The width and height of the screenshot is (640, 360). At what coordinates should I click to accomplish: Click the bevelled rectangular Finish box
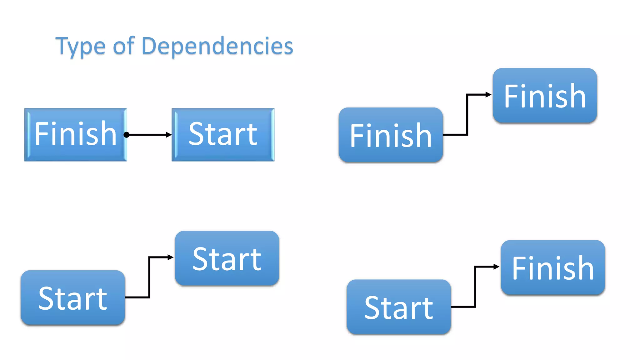pos(76,135)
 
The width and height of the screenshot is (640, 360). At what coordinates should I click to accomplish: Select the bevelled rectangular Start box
pos(223,135)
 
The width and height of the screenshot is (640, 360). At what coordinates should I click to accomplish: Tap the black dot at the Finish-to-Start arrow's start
pos(126,135)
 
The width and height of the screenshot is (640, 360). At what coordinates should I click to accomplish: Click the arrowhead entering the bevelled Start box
pos(169,135)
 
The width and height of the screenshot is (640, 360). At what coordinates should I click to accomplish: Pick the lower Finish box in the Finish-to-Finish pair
pos(391,135)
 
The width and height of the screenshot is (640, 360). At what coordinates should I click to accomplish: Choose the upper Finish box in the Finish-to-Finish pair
pos(545,96)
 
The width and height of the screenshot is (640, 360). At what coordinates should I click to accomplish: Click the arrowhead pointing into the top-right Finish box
pos(488,94)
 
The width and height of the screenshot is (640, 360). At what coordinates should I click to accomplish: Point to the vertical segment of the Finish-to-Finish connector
pos(467,114)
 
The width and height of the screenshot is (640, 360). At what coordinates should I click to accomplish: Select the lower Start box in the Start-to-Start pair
pos(73,298)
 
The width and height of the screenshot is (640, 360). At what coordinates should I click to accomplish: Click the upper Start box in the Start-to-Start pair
pos(227,258)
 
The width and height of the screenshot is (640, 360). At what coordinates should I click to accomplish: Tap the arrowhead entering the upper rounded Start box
pos(171,257)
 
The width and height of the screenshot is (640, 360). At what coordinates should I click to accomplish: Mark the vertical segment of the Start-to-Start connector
pos(149,277)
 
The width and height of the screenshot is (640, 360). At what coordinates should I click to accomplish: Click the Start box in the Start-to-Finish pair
pos(399,307)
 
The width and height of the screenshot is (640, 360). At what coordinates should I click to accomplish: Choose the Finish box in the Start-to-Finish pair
pos(553,267)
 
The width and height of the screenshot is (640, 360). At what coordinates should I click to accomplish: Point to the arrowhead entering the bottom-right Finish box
pos(497,267)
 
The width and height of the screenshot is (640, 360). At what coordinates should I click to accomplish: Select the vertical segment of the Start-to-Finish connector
pos(475,287)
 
